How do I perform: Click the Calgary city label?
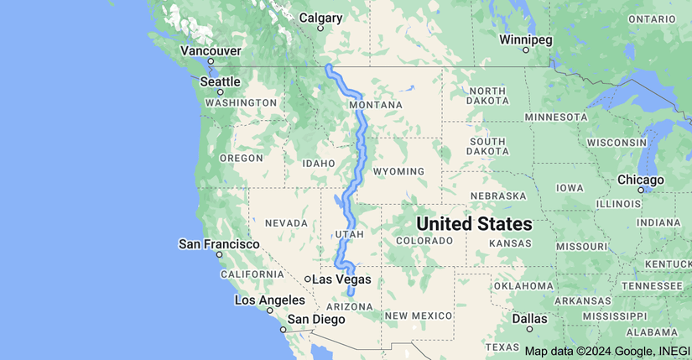320,18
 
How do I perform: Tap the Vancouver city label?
211,51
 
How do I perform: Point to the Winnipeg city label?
526,39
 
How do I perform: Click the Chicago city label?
641,180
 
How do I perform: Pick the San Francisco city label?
219,243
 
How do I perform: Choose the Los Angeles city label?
269,300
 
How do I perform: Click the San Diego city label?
316,319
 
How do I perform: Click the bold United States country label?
474,224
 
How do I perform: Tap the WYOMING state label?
398,171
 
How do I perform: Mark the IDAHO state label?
318,162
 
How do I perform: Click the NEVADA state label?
286,222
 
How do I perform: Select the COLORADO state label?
424,241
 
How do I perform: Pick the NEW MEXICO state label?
419,315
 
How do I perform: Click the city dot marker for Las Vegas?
308,279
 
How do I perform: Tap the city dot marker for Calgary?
320,28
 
